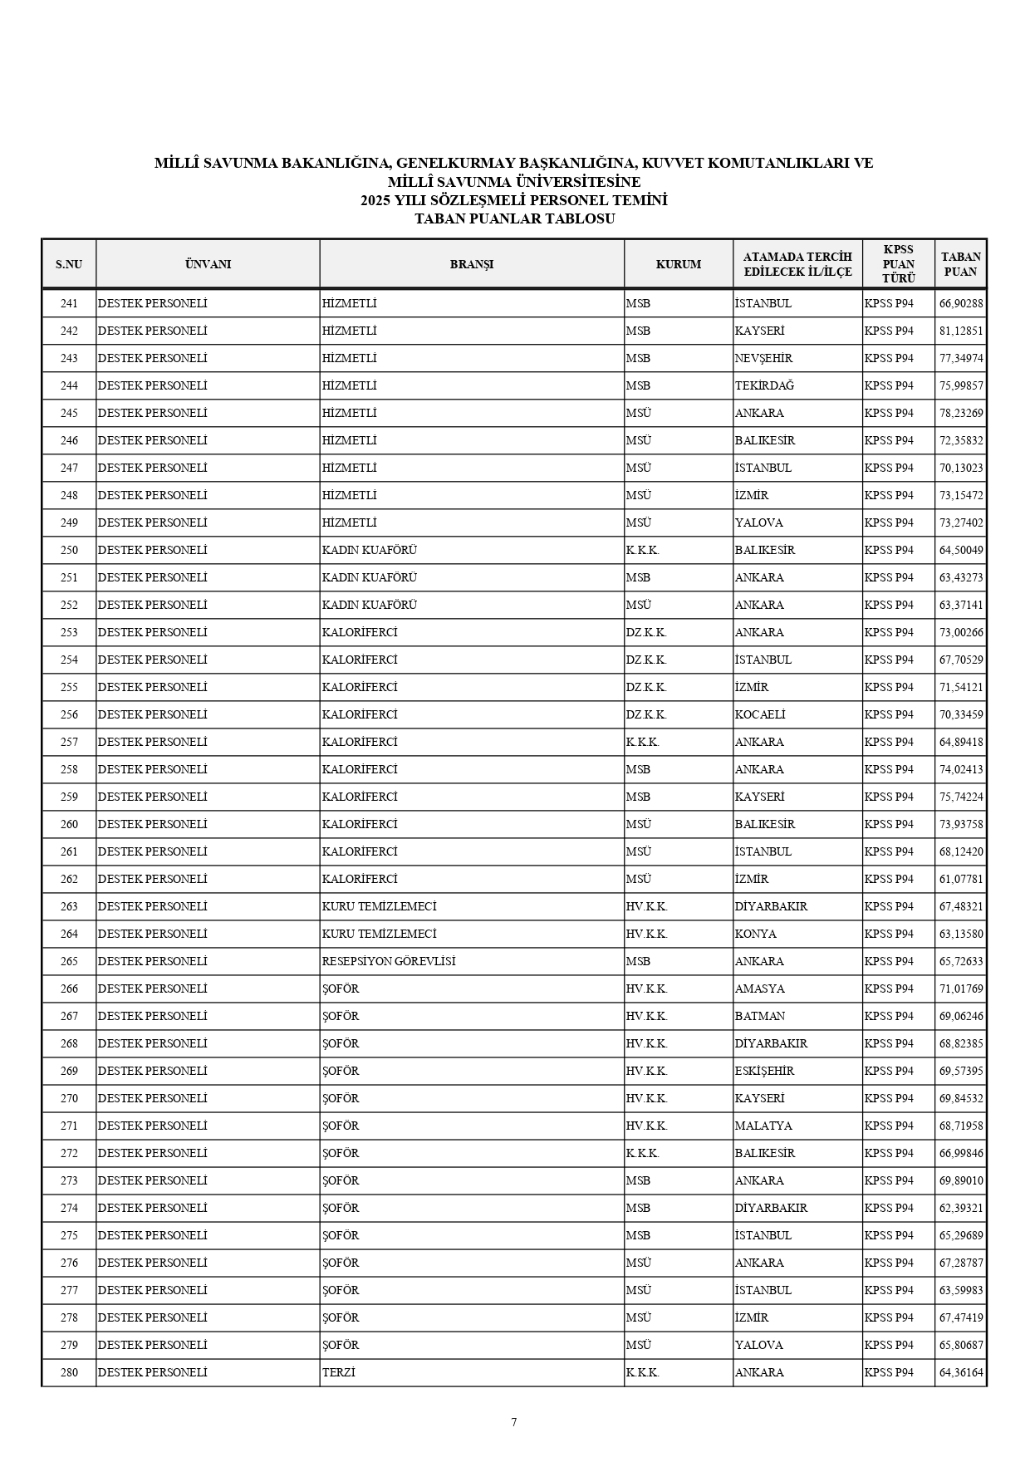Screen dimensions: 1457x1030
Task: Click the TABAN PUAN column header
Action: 960,264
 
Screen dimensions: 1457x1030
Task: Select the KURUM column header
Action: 678,264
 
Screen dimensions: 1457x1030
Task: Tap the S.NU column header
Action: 69,264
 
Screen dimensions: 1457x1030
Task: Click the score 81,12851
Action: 961,331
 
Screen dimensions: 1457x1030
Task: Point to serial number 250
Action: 69,550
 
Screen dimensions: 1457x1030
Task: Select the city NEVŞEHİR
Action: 763,358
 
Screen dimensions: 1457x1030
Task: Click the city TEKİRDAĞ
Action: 764,385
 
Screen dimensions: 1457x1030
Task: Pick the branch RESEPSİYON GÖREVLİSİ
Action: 389,961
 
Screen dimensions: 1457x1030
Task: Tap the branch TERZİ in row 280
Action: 338,1372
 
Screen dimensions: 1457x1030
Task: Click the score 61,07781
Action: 961,879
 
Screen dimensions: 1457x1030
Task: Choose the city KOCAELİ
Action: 760,714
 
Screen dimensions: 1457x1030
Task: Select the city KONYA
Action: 755,934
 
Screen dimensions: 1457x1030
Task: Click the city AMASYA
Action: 759,989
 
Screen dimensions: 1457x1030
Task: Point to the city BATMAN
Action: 759,1016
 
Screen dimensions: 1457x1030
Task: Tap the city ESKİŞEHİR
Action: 764,1071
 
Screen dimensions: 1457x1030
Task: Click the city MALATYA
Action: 763,1126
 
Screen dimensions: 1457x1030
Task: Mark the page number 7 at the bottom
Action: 514,1422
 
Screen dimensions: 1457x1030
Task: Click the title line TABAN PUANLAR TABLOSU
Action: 514,219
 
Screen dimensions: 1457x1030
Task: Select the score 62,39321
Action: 961,1208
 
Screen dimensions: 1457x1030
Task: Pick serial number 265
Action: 69,961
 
